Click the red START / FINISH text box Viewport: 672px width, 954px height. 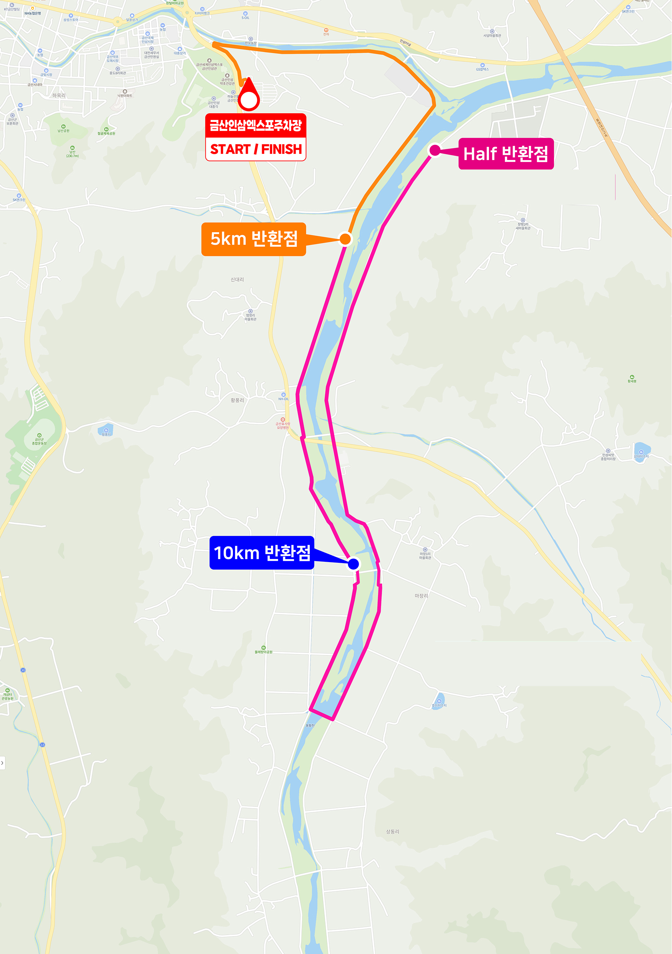pos(256,149)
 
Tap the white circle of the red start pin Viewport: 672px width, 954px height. pos(249,100)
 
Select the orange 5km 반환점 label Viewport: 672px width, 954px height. pos(254,239)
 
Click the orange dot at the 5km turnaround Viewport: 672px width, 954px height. pos(345,239)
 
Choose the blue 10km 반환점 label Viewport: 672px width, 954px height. pos(261,553)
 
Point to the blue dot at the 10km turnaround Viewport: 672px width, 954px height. pos(353,564)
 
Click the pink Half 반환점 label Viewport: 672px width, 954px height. pos(506,154)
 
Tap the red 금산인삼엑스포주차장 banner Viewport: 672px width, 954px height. pos(256,125)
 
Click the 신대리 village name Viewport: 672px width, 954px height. pos(237,280)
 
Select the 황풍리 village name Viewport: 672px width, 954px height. pos(237,400)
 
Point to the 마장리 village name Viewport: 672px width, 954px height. pos(421,596)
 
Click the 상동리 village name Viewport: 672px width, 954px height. pos(392,831)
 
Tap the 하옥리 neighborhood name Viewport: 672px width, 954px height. pos(59,96)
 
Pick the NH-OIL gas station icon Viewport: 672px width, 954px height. pos(283,395)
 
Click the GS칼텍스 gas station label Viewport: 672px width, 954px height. pos(482,69)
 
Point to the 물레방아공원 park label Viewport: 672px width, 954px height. pos(263,652)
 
